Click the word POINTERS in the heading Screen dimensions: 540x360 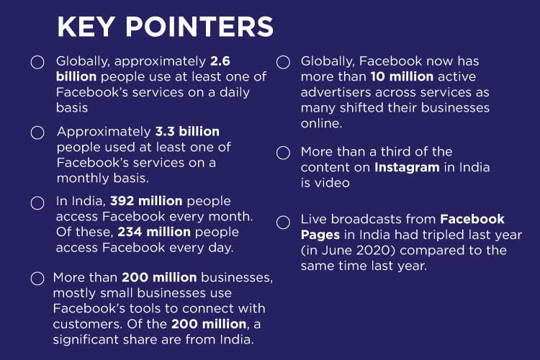[x=199, y=27]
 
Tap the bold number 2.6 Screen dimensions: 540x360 [x=220, y=61]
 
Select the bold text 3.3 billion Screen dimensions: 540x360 [x=187, y=131]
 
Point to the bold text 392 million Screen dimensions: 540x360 [x=146, y=201]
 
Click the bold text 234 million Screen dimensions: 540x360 [x=154, y=232]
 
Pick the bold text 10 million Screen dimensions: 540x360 [x=402, y=76]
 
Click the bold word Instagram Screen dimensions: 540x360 [x=407, y=168]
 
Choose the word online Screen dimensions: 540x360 [x=321, y=123]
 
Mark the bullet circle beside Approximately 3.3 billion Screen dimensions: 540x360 [x=37, y=132]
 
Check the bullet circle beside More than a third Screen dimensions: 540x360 [x=283, y=153]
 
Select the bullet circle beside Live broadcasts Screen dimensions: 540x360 [x=283, y=222]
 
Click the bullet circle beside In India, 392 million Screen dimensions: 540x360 [x=37, y=203]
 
